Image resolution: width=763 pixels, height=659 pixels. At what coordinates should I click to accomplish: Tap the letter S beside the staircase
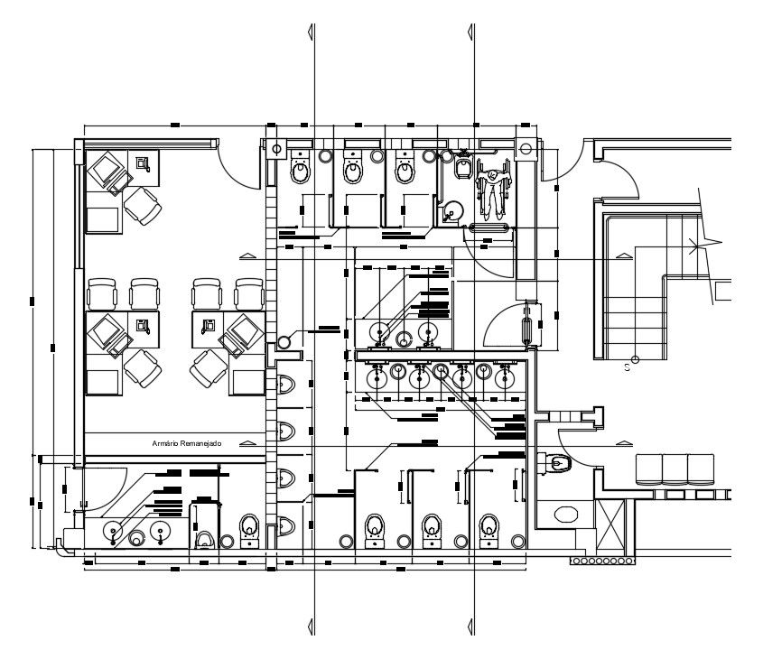pyautogui.click(x=626, y=368)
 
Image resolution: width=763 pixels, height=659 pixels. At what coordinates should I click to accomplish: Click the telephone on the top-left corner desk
pyautogui.click(x=143, y=162)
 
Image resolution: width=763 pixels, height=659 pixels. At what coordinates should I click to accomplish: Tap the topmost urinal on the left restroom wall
pyautogui.click(x=287, y=385)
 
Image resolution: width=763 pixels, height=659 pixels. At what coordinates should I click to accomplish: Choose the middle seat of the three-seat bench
pyautogui.click(x=675, y=469)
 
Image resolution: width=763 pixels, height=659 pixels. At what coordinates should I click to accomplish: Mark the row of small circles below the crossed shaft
pyautogui.click(x=602, y=562)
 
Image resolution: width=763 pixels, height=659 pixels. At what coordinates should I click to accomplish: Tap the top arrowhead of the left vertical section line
pyautogui.click(x=312, y=32)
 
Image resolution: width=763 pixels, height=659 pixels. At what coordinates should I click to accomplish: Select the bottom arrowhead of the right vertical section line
pyautogui.click(x=472, y=627)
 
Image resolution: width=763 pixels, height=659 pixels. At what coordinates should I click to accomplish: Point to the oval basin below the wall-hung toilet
pyautogui.click(x=566, y=515)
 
